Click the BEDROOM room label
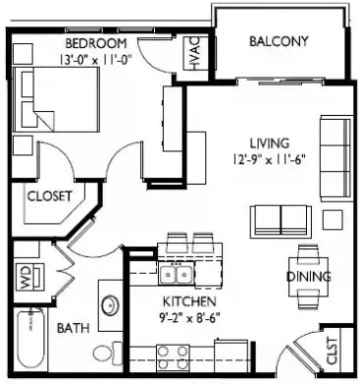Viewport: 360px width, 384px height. pos(97,44)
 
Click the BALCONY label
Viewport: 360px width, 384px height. pos(279,41)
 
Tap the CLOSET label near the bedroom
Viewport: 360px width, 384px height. pos(50,196)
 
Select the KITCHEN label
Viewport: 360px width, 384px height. pos(189,302)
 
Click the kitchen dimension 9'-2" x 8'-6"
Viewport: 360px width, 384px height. pos(189,317)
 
